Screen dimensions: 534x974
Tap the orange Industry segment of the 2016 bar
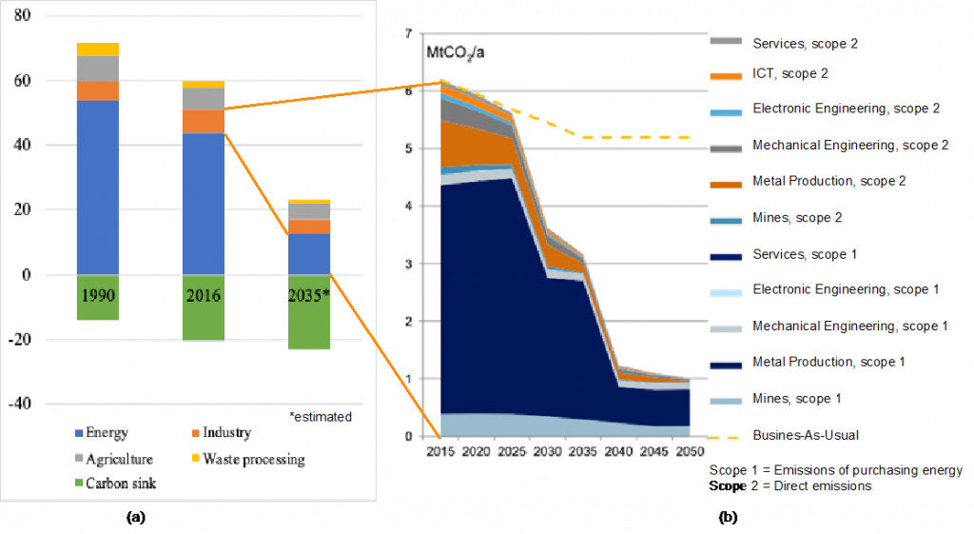[x=204, y=122]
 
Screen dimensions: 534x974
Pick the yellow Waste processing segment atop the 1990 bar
[x=98, y=49]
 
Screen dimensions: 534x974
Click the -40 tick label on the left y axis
[x=20, y=404]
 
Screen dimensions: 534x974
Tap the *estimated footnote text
[x=321, y=417]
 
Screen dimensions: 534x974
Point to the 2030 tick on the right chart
[x=546, y=450]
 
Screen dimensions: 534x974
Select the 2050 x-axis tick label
[x=689, y=450]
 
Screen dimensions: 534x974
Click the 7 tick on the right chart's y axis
[x=408, y=34]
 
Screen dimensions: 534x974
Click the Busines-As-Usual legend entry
[x=805, y=435]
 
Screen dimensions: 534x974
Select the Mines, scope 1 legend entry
[x=795, y=399]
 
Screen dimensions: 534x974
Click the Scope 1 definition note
[x=836, y=470]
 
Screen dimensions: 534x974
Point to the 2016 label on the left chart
[x=204, y=295]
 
